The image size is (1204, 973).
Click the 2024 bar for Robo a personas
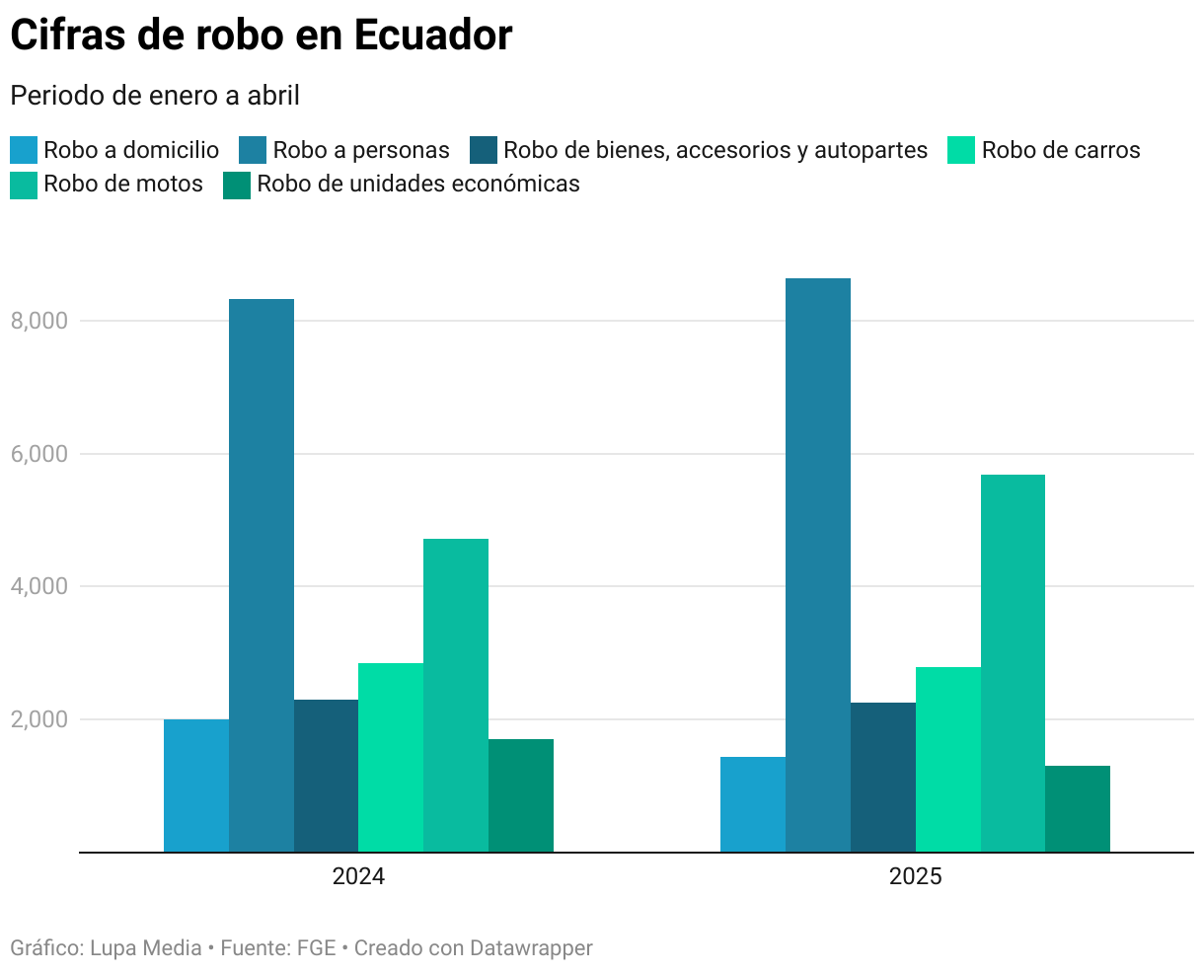(x=262, y=574)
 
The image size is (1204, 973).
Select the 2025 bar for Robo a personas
(x=818, y=564)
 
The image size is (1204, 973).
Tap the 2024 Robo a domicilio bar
(x=196, y=786)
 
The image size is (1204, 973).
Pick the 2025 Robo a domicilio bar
(x=753, y=804)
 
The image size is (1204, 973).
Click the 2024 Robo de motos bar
(x=456, y=695)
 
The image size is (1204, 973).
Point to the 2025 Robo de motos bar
(x=1013, y=663)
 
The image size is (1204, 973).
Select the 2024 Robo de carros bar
(x=391, y=757)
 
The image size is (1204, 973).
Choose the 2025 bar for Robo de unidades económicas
(x=1078, y=808)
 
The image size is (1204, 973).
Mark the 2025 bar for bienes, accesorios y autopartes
(x=883, y=777)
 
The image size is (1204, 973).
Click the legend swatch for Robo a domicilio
(x=24, y=150)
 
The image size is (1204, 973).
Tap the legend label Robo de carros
(x=1061, y=150)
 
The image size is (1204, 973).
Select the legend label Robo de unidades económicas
(x=418, y=184)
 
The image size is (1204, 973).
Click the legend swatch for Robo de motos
(x=24, y=185)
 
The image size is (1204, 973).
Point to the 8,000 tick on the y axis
(x=38, y=321)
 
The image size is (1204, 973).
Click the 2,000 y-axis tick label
(x=38, y=719)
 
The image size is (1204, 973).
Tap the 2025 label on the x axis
(x=916, y=876)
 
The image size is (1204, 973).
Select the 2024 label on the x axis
(x=358, y=876)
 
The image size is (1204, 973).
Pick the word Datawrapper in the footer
(x=531, y=948)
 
